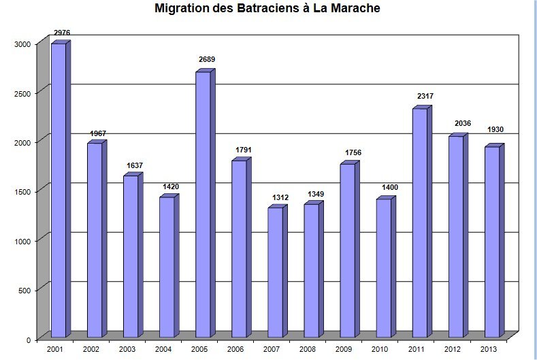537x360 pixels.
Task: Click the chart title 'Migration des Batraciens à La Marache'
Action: (x=267, y=10)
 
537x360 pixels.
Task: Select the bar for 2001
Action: (x=59, y=191)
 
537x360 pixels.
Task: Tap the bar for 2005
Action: (x=203, y=204)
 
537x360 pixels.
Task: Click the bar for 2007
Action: (x=275, y=272)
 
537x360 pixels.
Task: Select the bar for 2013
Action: (x=492, y=242)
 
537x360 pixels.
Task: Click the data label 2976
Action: (x=63, y=33)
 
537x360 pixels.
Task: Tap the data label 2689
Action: (x=207, y=60)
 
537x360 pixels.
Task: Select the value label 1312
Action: (x=280, y=197)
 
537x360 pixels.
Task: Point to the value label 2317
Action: (x=425, y=97)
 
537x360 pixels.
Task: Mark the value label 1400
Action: (x=388, y=187)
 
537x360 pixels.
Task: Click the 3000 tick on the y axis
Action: (x=22, y=44)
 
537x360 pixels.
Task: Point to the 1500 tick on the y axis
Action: (x=22, y=192)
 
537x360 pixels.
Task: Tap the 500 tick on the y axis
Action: (x=25, y=291)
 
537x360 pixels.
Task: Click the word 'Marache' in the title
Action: (x=353, y=10)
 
